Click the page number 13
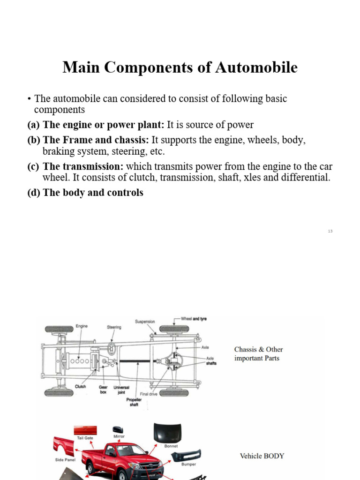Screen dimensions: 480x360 [x=330, y=231]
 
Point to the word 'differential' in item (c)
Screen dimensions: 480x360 [x=307, y=178]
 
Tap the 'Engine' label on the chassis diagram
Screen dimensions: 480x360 [x=82, y=326]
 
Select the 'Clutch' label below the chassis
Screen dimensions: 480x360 [x=80, y=387]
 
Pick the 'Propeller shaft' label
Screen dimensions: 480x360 [x=134, y=402]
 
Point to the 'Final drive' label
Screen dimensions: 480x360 [x=149, y=394]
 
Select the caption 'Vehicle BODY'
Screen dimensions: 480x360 [x=262, y=456]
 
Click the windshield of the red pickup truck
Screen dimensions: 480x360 [x=123, y=450]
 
